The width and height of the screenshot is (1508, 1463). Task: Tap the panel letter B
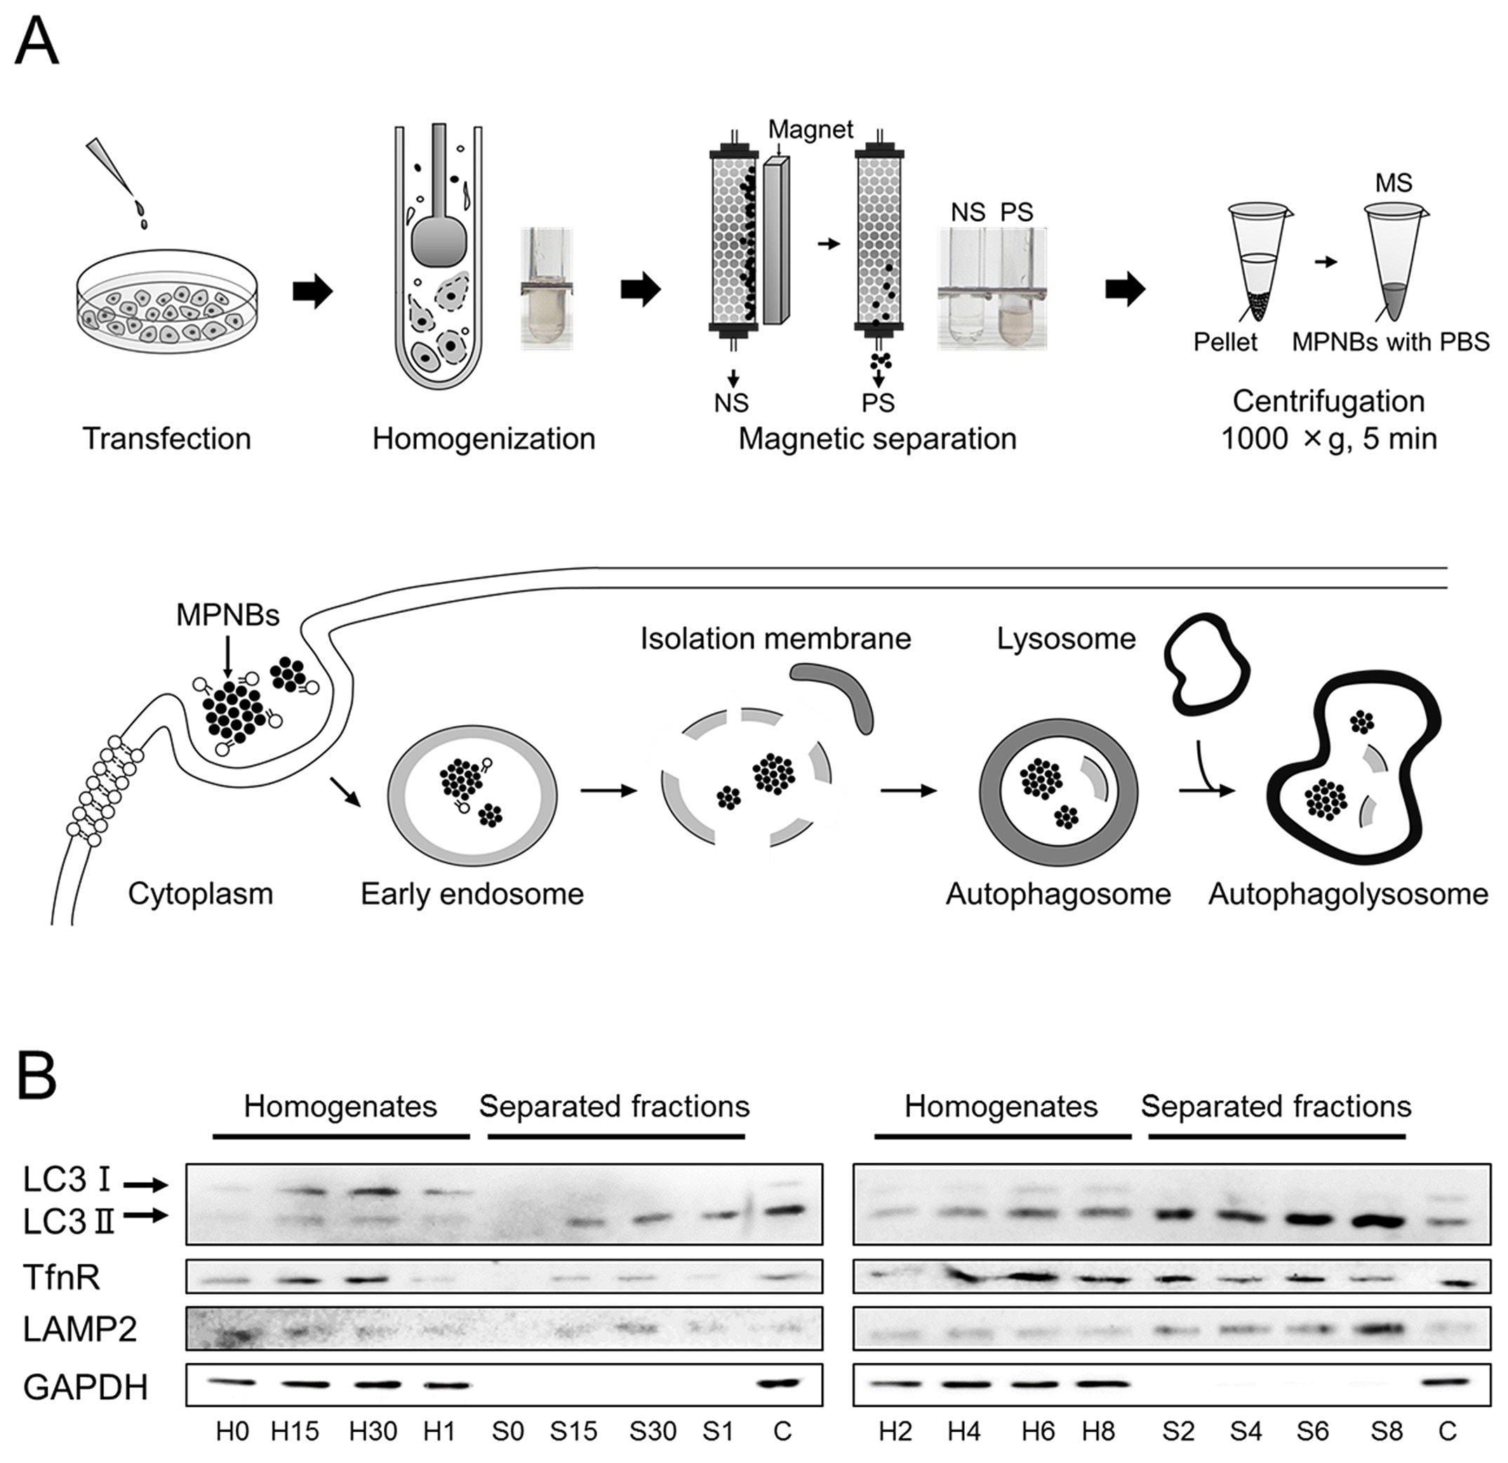coord(36,1078)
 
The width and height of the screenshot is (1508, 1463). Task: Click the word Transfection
coord(166,439)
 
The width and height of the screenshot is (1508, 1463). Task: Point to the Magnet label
coord(810,129)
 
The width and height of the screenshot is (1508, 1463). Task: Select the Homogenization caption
coord(483,439)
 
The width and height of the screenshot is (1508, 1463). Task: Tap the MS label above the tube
coord(1394,183)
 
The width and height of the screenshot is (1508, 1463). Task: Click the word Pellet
coord(1225,342)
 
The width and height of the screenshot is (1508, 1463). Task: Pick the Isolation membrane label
coord(775,639)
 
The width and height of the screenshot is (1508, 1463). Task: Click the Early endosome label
coord(472,894)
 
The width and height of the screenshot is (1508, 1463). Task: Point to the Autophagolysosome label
coord(1348,894)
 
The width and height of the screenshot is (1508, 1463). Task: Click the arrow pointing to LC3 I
coord(146,1185)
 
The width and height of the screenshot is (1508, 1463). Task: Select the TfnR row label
coord(62,1277)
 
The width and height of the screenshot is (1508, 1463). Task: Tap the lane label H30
coord(373,1431)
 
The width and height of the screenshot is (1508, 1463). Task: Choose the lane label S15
coord(573,1431)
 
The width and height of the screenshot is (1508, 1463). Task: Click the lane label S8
coord(1387,1431)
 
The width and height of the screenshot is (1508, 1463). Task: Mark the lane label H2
coord(895,1431)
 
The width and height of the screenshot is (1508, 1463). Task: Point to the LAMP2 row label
coord(80,1329)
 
